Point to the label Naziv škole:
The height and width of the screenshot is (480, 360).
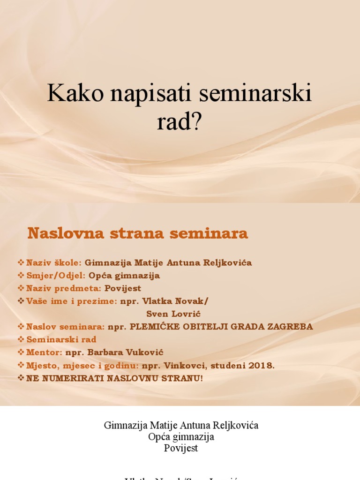[54, 262]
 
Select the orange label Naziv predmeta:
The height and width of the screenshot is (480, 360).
[64, 288]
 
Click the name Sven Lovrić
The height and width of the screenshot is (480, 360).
[170, 314]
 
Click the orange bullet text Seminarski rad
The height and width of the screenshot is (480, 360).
[61, 339]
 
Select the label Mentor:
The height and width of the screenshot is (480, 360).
[45, 352]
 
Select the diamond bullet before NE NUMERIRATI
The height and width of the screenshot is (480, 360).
[21, 377]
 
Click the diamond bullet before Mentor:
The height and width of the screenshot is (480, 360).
[21, 352]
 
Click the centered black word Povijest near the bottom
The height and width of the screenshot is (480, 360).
[181, 448]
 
